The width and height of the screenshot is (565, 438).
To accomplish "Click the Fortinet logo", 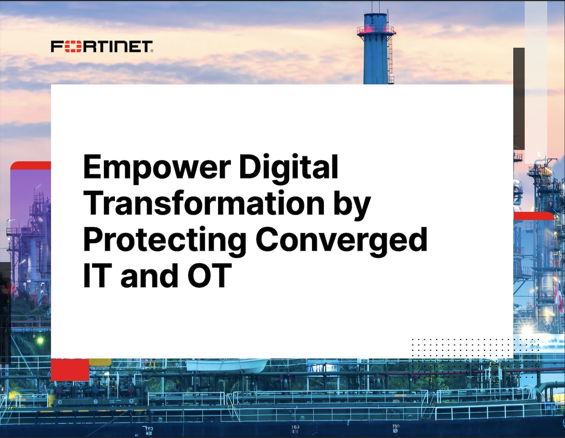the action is (102, 46).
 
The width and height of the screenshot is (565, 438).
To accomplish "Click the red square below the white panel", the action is (70, 370).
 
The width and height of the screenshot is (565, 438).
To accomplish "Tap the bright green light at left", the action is (40, 340).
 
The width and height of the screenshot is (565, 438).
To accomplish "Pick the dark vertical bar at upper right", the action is (519, 98).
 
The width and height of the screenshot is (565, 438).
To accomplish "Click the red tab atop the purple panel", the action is (31, 165).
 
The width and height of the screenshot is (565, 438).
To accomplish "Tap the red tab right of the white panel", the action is (534, 216).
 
